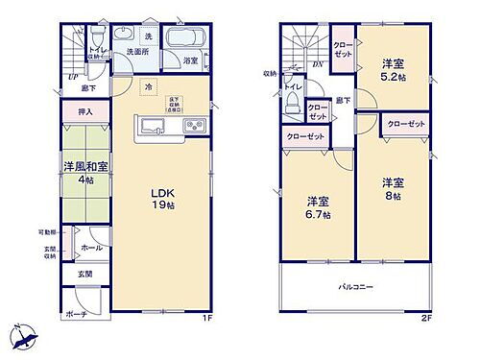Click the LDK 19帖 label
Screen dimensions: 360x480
pyautogui.click(x=159, y=198)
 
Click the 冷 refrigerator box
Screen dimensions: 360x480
pyautogui.click(x=148, y=85)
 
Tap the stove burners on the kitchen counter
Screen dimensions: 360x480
pyautogui.click(x=190, y=127)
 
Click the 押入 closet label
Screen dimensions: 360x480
pyautogui.click(x=85, y=112)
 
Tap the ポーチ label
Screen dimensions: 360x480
pyautogui.click(x=76, y=314)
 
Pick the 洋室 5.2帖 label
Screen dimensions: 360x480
pyautogui.click(x=393, y=63)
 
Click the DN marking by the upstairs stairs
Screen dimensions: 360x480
pyautogui.click(x=319, y=65)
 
